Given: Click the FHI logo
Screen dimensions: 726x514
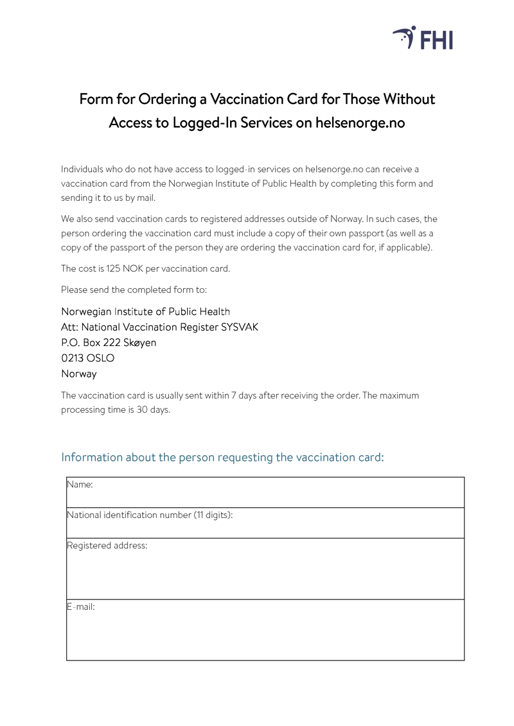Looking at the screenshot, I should (x=423, y=39).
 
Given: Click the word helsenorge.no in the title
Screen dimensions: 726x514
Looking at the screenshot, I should (x=360, y=123).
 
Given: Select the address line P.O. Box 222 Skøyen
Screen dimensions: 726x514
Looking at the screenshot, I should (x=109, y=343).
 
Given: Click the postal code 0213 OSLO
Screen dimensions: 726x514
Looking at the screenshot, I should (x=88, y=358).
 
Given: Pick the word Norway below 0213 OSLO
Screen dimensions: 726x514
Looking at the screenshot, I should (x=79, y=374).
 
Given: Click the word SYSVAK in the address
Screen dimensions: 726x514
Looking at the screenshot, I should (x=240, y=327).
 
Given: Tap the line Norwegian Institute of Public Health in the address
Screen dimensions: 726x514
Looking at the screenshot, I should (x=145, y=312).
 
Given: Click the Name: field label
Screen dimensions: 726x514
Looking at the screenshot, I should (x=80, y=485).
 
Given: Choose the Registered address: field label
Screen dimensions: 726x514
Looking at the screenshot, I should (x=107, y=546).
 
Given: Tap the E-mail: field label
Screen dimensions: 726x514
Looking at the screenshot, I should (x=81, y=607).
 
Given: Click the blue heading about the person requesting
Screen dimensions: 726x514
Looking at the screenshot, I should (x=222, y=457).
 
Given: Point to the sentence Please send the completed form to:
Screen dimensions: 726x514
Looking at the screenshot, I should (x=134, y=290).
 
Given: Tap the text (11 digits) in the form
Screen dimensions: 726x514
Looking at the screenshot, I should (x=212, y=515).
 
